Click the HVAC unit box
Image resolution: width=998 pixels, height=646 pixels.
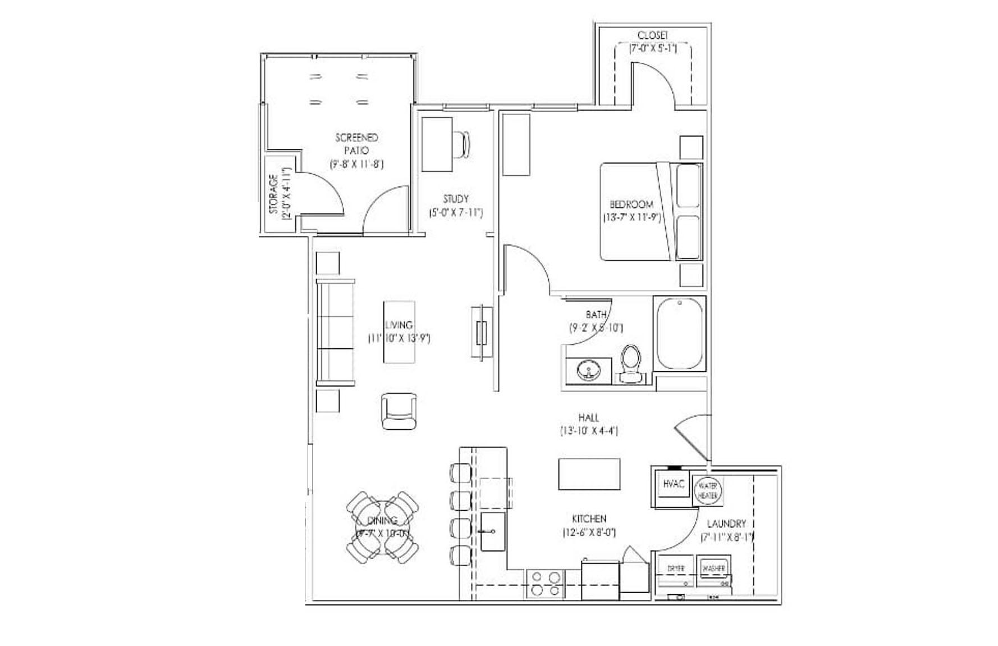pos(674,485)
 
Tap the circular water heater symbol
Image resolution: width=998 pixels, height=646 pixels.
pos(708,490)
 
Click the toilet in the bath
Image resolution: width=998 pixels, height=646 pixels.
pos(631,364)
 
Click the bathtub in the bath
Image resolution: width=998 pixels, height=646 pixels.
pos(680,333)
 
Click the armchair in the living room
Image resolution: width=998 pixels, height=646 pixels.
pos(399,411)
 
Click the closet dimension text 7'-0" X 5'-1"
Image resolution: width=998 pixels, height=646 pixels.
pos(653,49)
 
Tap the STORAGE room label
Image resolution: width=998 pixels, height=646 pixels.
pos(273,194)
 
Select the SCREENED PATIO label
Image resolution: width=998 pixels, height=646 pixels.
pos(357,144)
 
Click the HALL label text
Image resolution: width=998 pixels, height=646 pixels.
pos(588,417)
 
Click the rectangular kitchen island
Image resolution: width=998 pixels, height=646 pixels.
pos(589,474)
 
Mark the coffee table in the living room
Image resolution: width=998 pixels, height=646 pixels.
pos(399,332)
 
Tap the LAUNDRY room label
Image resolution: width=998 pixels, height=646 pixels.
pos(726,524)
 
